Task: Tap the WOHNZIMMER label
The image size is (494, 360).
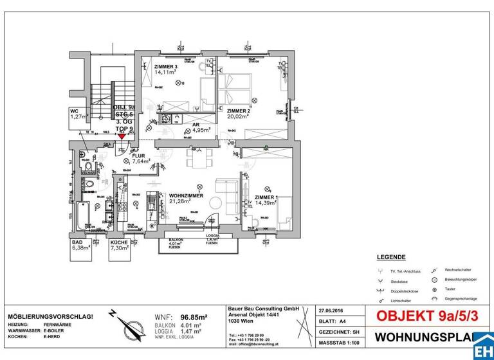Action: pos(186,195)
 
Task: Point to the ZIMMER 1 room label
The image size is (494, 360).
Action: pos(266,197)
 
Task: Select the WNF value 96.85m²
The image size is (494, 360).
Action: pos(194,318)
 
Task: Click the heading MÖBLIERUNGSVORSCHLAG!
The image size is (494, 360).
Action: pos(50,317)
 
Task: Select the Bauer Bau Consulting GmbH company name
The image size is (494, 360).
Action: pos(264,309)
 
